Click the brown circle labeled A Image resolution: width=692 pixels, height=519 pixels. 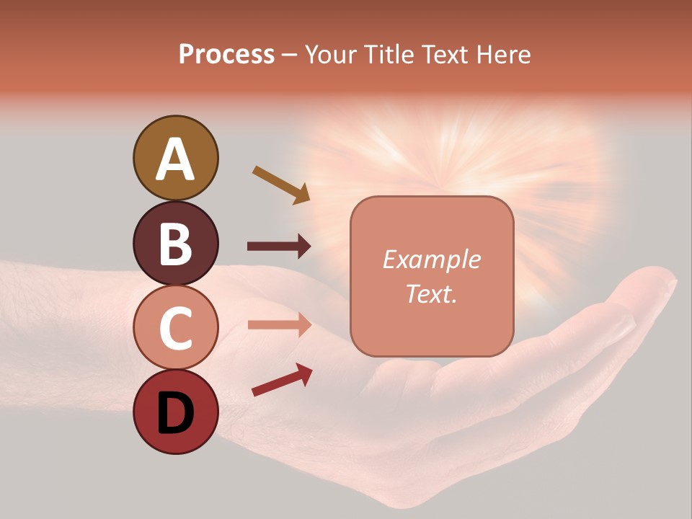(x=176, y=158)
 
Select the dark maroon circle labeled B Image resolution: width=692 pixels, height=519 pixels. (x=176, y=243)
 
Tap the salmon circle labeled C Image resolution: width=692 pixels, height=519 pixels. (x=176, y=327)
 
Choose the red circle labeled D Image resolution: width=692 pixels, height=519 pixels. (x=176, y=412)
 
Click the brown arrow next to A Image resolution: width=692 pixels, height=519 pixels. (x=281, y=185)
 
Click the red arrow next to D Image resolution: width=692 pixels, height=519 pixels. (x=282, y=381)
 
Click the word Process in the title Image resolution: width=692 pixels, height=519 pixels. (x=226, y=55)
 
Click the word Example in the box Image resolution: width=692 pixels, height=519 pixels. (x=431, y=259)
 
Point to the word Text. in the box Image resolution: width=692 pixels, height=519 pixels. (x=431, y=293)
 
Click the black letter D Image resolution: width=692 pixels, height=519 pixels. (x=176, y=414)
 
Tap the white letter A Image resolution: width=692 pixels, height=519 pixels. (x=176, y=159)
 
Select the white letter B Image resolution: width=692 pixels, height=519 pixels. (x=176, y=244)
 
